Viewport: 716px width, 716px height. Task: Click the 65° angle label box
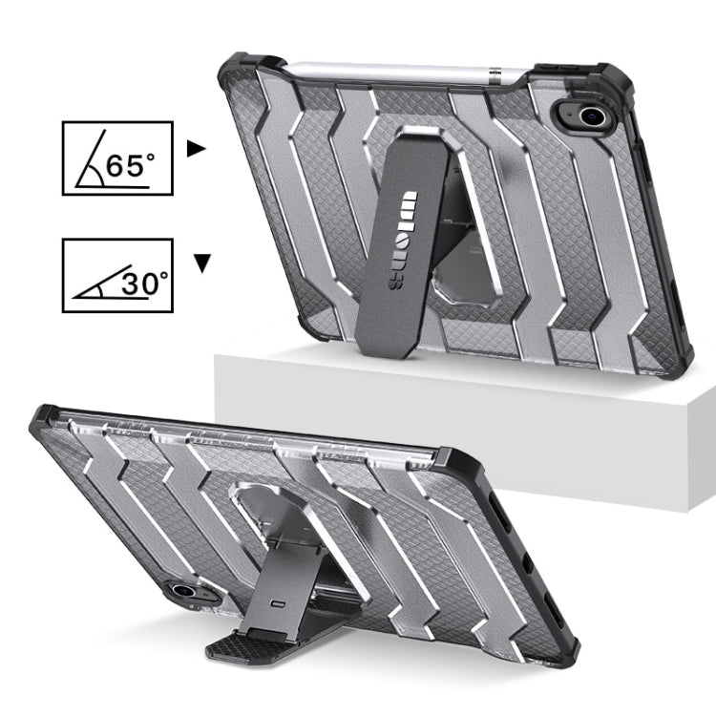[x=117, y=158]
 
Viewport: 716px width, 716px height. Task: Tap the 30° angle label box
[x=117, y=275]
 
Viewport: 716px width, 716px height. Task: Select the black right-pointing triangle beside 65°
[x=197, y=149]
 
